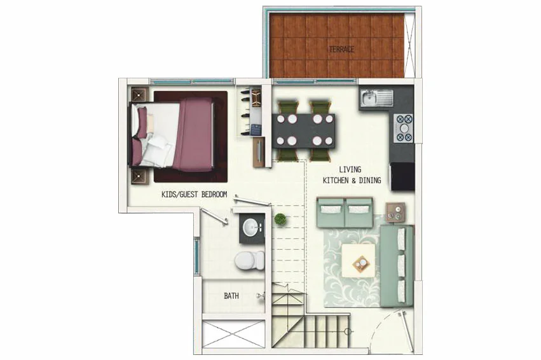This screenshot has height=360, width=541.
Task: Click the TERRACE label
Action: pos(341,50)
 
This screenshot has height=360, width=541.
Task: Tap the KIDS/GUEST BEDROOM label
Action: pos(195,195)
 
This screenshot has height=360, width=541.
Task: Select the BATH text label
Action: pos(231,296)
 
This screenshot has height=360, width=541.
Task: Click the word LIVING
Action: pos(350,169)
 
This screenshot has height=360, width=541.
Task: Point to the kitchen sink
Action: pos(377,98)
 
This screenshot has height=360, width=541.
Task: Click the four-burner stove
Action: pos(404,128)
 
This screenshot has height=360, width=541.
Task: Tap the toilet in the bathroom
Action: pos(249,260)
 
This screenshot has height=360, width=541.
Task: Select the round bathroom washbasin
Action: pos(251,228)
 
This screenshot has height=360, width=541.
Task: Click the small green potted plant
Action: pos(280,219)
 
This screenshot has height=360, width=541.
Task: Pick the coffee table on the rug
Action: pos(359,261)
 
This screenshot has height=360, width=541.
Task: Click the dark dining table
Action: pos(304,131)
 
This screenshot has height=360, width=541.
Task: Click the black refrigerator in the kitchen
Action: pos(402,176)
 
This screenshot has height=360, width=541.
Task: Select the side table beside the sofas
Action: pos(395,212)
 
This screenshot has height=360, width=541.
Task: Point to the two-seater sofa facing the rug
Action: pos(345,212)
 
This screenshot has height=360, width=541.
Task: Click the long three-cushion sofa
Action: pos(397,265)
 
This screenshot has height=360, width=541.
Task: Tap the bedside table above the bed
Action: pos(140,94)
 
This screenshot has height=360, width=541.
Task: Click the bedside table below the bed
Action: pos(140,176)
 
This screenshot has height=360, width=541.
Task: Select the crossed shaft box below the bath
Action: pos(233,334)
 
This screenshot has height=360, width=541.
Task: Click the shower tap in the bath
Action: pos(261,296)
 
